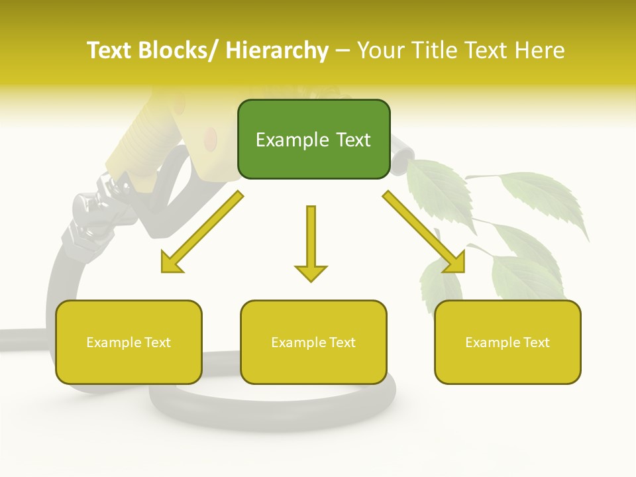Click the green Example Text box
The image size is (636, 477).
click(x=313, y=139)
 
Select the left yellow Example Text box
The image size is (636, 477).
click(x=129, y=342)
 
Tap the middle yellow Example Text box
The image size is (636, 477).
click(x=313, y=342)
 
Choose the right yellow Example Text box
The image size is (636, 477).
click(x=507, y=342)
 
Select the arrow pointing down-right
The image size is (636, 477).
click(x=425, y=232)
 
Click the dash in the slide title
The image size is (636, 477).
click(x=343, y=50)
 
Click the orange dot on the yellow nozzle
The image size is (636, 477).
click(x=210, y=138)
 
